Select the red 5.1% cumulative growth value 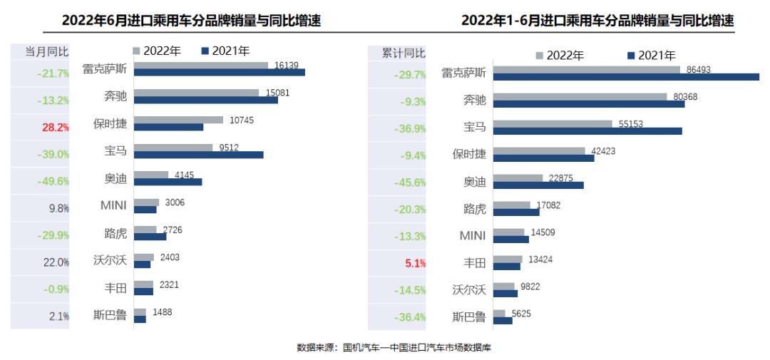[415, 263]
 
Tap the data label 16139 [285, 65]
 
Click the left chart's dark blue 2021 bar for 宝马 [199, 155]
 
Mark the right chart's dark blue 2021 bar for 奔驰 [588, 104]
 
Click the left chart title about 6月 [191, 21]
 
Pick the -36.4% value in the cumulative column [411, 317]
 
